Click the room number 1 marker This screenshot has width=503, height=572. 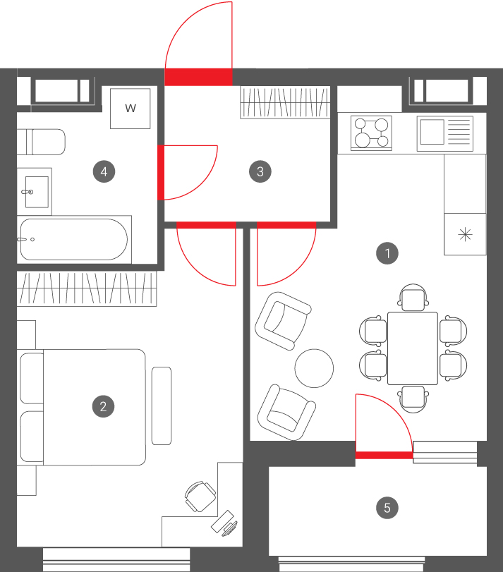387,252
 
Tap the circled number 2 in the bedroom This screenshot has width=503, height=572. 103,406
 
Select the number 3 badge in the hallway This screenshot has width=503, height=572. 260,171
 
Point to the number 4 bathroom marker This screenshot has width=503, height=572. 104,171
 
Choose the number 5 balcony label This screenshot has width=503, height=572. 387,507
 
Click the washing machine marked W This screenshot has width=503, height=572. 131,109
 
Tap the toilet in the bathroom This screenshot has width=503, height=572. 41,142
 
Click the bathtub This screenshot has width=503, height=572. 74,239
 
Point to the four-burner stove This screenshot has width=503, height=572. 371,133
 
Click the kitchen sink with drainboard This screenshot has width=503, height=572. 445,133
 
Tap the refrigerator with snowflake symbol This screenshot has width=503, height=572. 465,234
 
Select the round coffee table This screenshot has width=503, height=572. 314,368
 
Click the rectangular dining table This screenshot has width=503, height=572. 413,348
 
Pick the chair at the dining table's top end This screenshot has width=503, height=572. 413,298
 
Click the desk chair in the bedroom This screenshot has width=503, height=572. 200,497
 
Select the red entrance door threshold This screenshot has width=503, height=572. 198,77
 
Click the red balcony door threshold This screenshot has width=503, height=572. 384,455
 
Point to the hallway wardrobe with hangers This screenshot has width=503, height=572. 285,102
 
